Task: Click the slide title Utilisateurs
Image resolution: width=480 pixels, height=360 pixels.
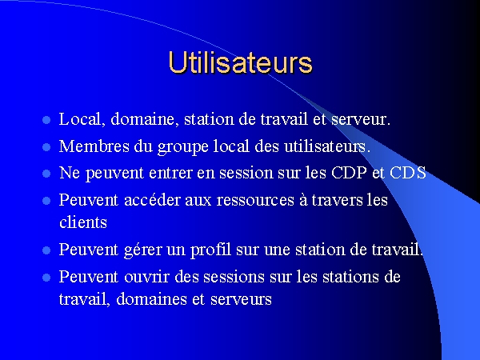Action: [240, 62]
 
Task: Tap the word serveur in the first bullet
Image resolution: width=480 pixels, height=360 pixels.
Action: [361, 119]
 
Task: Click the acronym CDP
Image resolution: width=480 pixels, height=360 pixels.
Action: [349, 172]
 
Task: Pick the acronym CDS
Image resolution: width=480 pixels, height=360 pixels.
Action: [408, 172]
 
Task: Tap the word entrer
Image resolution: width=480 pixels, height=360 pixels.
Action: [170, 174]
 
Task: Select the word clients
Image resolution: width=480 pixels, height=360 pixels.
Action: [83, 222]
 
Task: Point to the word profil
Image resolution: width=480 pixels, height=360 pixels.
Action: [210, 250]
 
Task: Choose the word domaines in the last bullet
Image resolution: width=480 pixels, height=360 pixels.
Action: [151, 298]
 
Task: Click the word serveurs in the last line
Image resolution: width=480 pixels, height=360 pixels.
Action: [242, 299]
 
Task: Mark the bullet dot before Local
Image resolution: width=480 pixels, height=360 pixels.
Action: [46, 120]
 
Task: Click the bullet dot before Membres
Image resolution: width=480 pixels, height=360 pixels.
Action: [46, 147]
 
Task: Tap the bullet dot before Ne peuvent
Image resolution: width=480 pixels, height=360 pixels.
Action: [46, 174]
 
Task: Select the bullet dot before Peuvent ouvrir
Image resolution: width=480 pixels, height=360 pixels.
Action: [46, 278]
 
